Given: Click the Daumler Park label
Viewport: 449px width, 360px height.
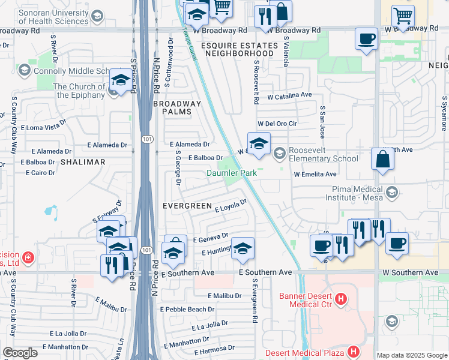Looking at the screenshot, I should click(232, 173).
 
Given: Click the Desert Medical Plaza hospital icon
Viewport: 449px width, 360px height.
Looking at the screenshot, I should click(354, 352).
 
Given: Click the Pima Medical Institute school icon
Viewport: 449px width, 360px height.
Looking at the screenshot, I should click(392, 192).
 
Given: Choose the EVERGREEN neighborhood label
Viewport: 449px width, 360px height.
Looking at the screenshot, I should click(187, 206).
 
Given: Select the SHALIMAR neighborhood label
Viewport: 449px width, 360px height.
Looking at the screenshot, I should click(82, 162).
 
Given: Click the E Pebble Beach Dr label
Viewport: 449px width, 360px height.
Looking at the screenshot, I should click(187, 309).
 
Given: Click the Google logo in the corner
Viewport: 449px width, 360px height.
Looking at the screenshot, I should click(20, 352).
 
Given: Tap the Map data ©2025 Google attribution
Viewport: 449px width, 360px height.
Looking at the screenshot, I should click(412, 355).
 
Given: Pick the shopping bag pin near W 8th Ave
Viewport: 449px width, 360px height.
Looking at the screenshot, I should click(382, 161).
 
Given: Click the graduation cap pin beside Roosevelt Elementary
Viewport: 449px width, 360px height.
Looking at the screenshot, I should click(259, 145).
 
